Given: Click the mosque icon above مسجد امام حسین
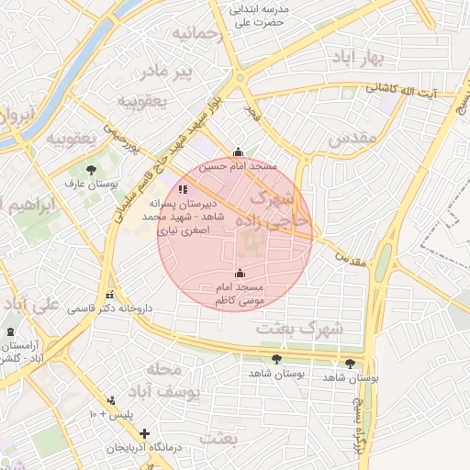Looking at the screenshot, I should coord(239,153).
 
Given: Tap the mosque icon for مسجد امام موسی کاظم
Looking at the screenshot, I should coord(241,273).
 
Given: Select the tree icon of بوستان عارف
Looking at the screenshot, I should coord(91,170).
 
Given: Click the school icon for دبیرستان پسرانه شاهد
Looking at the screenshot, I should coord(170,189).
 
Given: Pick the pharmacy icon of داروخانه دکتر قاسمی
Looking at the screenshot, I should coord(110,296).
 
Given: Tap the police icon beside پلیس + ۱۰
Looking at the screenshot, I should coord(112,400).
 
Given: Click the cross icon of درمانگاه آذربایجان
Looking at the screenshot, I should coord(144,432).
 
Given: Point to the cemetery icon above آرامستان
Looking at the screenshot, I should coord(10,331).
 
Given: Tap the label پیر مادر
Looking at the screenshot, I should coord(167,71).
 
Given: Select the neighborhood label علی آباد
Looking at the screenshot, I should coord(30,304).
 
